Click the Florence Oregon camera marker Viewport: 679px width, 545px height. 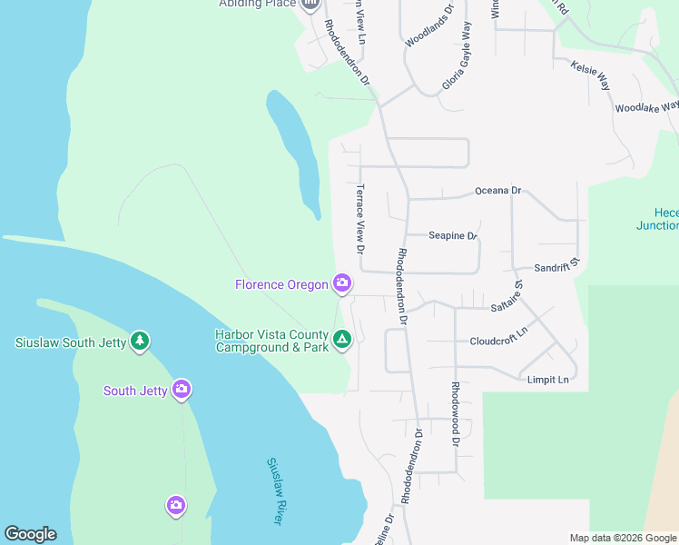342,284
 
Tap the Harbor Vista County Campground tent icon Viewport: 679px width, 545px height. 342,341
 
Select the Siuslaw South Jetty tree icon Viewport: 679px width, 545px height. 139,342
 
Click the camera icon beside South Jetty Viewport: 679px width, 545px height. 182,390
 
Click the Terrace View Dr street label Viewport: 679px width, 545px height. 360,219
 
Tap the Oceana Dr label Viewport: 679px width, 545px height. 498,191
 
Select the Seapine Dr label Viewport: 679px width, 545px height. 453,235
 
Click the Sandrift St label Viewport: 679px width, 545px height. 556,268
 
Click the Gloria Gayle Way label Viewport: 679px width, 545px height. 457,56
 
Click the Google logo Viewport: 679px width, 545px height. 30,534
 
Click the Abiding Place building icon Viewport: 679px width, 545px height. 311,5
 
